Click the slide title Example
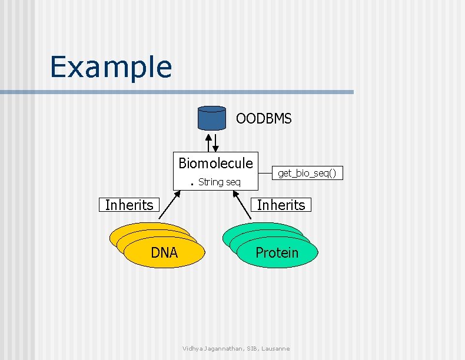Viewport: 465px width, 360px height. [111, 67]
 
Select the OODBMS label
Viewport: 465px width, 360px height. [263, 119]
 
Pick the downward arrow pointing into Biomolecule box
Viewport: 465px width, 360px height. [217, 142]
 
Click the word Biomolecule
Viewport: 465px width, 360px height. [215, 163]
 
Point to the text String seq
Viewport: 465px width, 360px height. [219, 182]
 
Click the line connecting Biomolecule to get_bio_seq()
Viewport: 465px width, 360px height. [264, 172]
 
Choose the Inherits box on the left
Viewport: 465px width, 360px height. [129, 205]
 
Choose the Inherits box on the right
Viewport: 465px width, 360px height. [281, 205]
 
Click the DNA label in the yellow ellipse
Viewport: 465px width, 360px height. [164, 253]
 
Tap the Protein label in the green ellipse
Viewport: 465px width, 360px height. [277, 253]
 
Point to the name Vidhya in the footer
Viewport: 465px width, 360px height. [193, 349]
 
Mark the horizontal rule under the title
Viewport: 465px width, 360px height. [177, 92]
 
